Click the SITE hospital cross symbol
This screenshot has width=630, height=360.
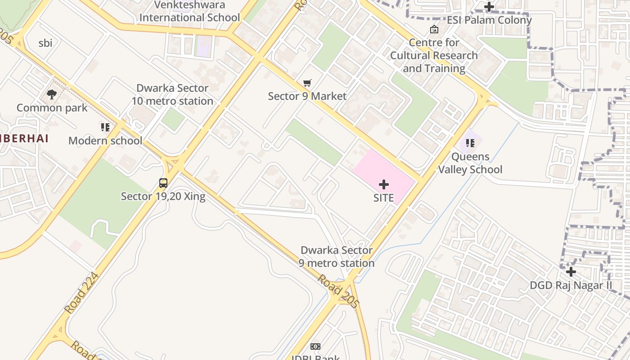pyautogui.click(x=384, y=184)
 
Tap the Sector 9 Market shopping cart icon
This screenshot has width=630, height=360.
pyautogui.click(x=307, y=83)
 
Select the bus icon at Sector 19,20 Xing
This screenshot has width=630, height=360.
pyautogui.click(x=163, y=183)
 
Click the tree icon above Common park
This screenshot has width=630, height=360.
pyautogui.click(x=52, y=94)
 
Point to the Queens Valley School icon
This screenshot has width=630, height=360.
pyautogui.click(x=470, y=143)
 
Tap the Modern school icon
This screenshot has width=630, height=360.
pyautogui.click(x=105, y=127)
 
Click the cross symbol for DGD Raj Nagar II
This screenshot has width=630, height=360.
pyautogui.click(x=571, y=272)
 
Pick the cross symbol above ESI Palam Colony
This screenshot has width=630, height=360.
pyautogui.click(x=489, y=7)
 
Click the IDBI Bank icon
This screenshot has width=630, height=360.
pyautogui.click(x=315, y=346)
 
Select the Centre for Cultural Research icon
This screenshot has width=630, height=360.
pyautogui.click(x=434, y=30)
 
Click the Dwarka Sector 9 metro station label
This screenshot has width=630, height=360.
pyautogui.click(x=337, y=256)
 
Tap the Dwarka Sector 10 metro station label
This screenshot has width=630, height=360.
pyautogui.click(x=172, y=94)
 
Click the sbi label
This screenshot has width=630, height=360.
pyautogui.click(x=45, y=43)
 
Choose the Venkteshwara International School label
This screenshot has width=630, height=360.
pyautogui.click(x=189, y=12)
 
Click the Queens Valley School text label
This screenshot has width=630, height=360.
pyautogui.click(x=470, y=163)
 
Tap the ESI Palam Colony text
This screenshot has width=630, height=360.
pyautogui.click(x=489, y=20)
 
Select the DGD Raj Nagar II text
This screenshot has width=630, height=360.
pyautogui.click(x=571, y=285)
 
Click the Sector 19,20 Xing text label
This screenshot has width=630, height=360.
pyautogui.click(x=163, y=196)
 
